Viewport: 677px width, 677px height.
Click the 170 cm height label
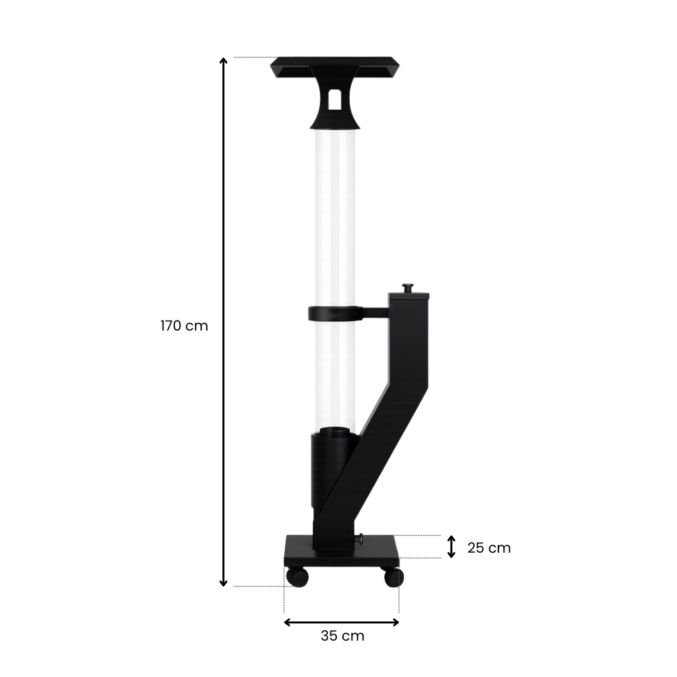184,325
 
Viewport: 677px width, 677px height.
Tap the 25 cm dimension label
489,547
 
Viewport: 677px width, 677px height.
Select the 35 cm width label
342,635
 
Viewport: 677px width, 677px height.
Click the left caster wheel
298,577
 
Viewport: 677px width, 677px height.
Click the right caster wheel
394,577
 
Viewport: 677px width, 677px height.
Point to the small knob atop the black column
407,288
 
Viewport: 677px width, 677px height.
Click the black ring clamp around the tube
333,313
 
